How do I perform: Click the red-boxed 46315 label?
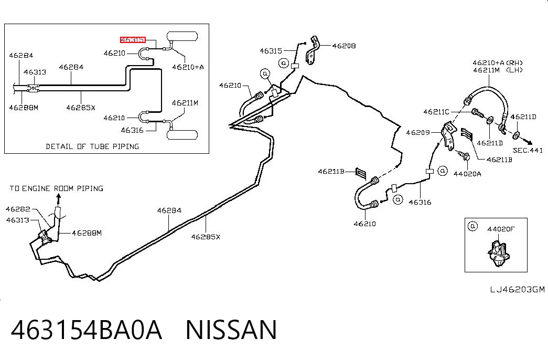click(x=133, y=40)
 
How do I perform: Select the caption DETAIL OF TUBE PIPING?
click(x=92, y=146)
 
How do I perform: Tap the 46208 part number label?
click(x=344, y=46)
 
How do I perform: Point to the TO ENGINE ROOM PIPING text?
click(x=56, y=188)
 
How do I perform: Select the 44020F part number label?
click(x=501, y=229)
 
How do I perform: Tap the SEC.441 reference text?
click(x=528, y=151)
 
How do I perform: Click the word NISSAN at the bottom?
click(x=231, y=330)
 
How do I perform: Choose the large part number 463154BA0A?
click(x=87, y=330)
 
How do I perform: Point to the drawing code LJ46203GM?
click(x=517, y=289)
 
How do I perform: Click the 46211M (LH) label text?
click(x=498, y=70)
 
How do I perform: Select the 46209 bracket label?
click(x=417, y=133)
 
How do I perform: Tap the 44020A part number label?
click(x=467, y=174)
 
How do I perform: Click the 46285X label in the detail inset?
click(x=81, y=108)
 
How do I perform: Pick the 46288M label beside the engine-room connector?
click(x=87, y=233)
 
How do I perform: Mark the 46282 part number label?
click(x=18, y=209)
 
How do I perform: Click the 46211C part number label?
click(x=436, y=112)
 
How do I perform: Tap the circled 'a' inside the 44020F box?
click(x=472, y=226)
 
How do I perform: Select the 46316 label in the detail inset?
click(x=132, y=130)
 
